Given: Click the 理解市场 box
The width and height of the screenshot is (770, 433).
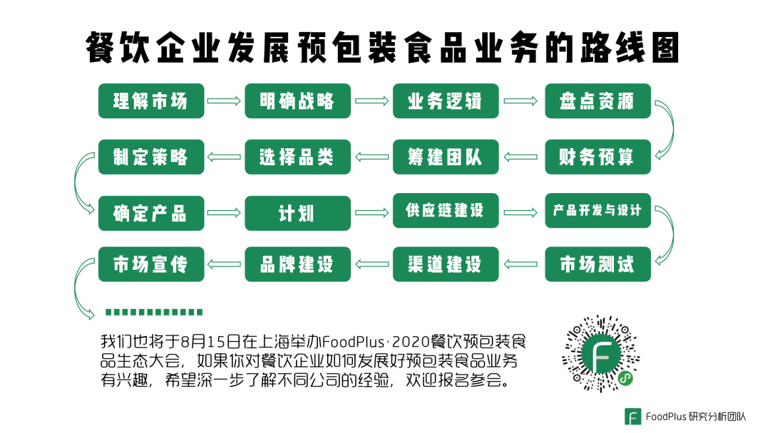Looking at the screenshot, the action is pyautogui.click(x=151, y=101).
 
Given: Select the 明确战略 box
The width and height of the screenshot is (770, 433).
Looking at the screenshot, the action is pyautogui.click(x=298, y=101).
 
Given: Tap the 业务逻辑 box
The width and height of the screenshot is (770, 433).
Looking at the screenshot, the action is pyautogui.click(x=446, y=101).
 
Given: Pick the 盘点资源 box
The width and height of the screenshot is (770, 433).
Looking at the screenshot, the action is pyautogui.click(x=597, y=101).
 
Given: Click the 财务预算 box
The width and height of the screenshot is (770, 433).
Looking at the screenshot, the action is pyautogui.click(x=597, y=157).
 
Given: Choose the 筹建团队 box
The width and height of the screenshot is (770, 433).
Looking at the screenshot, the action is pyautogui.click(x=446, y=157).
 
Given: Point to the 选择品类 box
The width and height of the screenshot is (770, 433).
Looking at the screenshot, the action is pyautogui.click(x=298, y=157).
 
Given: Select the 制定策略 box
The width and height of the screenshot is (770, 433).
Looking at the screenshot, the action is pyautogui.click(x=151, y=157).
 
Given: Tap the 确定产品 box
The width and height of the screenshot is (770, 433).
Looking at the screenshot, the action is pyautogui.click(x=151, y=212).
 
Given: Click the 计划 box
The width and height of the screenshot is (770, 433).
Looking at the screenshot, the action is pyautogui.click(x=298, y=212).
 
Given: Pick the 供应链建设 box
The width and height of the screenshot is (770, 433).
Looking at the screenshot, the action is pyautogui.click(x=446, y=211).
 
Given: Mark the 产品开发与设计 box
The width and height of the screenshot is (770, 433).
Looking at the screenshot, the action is pyautogui.click(x=597, y=211).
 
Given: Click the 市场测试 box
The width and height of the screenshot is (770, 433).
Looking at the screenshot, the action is pyautogui.click(x=597, y=265).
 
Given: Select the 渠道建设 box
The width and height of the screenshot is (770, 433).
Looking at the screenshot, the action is pyautogui.click(x=446, y=265).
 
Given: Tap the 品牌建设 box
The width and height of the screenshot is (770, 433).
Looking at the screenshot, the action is pyautogui.click(x=298, y=265).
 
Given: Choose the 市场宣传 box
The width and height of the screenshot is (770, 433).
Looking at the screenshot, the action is pyautogui.click(x=151, y=265).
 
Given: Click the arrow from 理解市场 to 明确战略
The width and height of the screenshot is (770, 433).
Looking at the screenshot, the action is pyautogui.click(x=225, y=101).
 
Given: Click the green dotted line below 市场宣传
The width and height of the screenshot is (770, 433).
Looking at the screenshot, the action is pyautogui.click(x=153, y=312).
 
